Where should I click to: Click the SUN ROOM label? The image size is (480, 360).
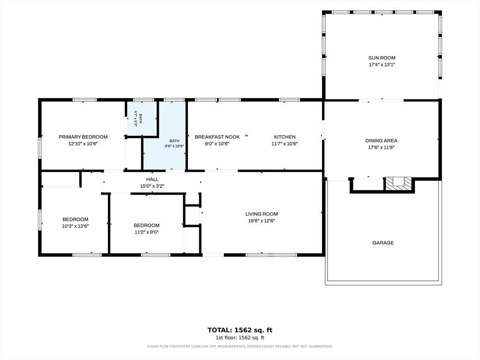tap(382, 58)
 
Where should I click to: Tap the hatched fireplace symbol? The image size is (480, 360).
tap(398, 184)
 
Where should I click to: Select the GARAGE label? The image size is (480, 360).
tap(383, 243)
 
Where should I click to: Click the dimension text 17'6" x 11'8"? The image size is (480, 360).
tap(381, 147)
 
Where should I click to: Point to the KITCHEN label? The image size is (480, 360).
tap(285, 137)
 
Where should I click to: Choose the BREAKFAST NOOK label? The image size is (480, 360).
tap(217, 137)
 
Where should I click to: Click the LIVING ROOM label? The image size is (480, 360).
tap(262, 214)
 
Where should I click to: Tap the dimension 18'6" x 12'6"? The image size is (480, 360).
tap(262, 221)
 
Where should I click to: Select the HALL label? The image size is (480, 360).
tap(152, 180)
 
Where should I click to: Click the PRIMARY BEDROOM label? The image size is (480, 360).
tap(83, 137)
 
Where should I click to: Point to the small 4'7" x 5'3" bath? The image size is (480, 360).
tap(141, 118)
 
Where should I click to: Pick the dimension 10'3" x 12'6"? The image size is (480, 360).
tap(75, 226)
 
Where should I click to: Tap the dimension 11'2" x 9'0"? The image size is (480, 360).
tap(146, 232)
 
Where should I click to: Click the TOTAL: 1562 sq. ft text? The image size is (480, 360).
tap(240, 330)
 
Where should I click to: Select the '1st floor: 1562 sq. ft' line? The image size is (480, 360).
tap(240, 337)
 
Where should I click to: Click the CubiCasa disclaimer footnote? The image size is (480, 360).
tap(240, 346)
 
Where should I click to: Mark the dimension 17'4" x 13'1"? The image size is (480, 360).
tap(382, 65)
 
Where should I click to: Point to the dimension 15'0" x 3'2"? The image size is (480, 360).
tap(152, 186)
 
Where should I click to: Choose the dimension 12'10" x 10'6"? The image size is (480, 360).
tap(83, 143)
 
